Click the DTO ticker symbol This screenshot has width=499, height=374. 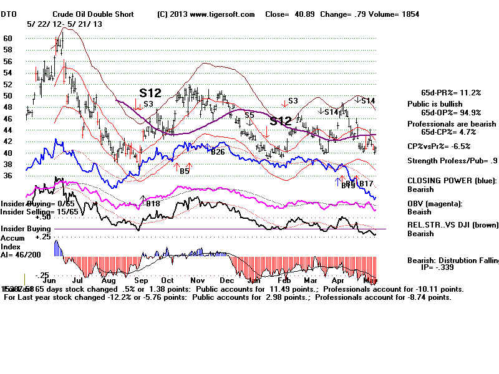pyautogui.click(x=11, y=14)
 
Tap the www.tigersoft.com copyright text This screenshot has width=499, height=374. pyautogui.click(x=206, y=14)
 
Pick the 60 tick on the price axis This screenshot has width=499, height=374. pyautogui.click(x=8, y=38)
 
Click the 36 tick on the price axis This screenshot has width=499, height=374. pyautogui.click(x=8, y=176)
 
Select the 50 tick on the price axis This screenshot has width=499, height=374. pyautogui.click(x=8, y=96)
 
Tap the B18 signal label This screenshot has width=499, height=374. pyautogui.click(x=152, y=204)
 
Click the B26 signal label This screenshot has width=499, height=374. pyautogui.click(x=218, y=152)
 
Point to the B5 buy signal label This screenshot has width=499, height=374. pyautogui.click(x=184, y=171)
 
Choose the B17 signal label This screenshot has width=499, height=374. pyautogui.click(x=366, y=184)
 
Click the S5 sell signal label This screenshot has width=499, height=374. pyautogui.click(x=249, y=115)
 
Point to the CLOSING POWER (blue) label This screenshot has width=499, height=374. pyautogui.click(x=452, y=181)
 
